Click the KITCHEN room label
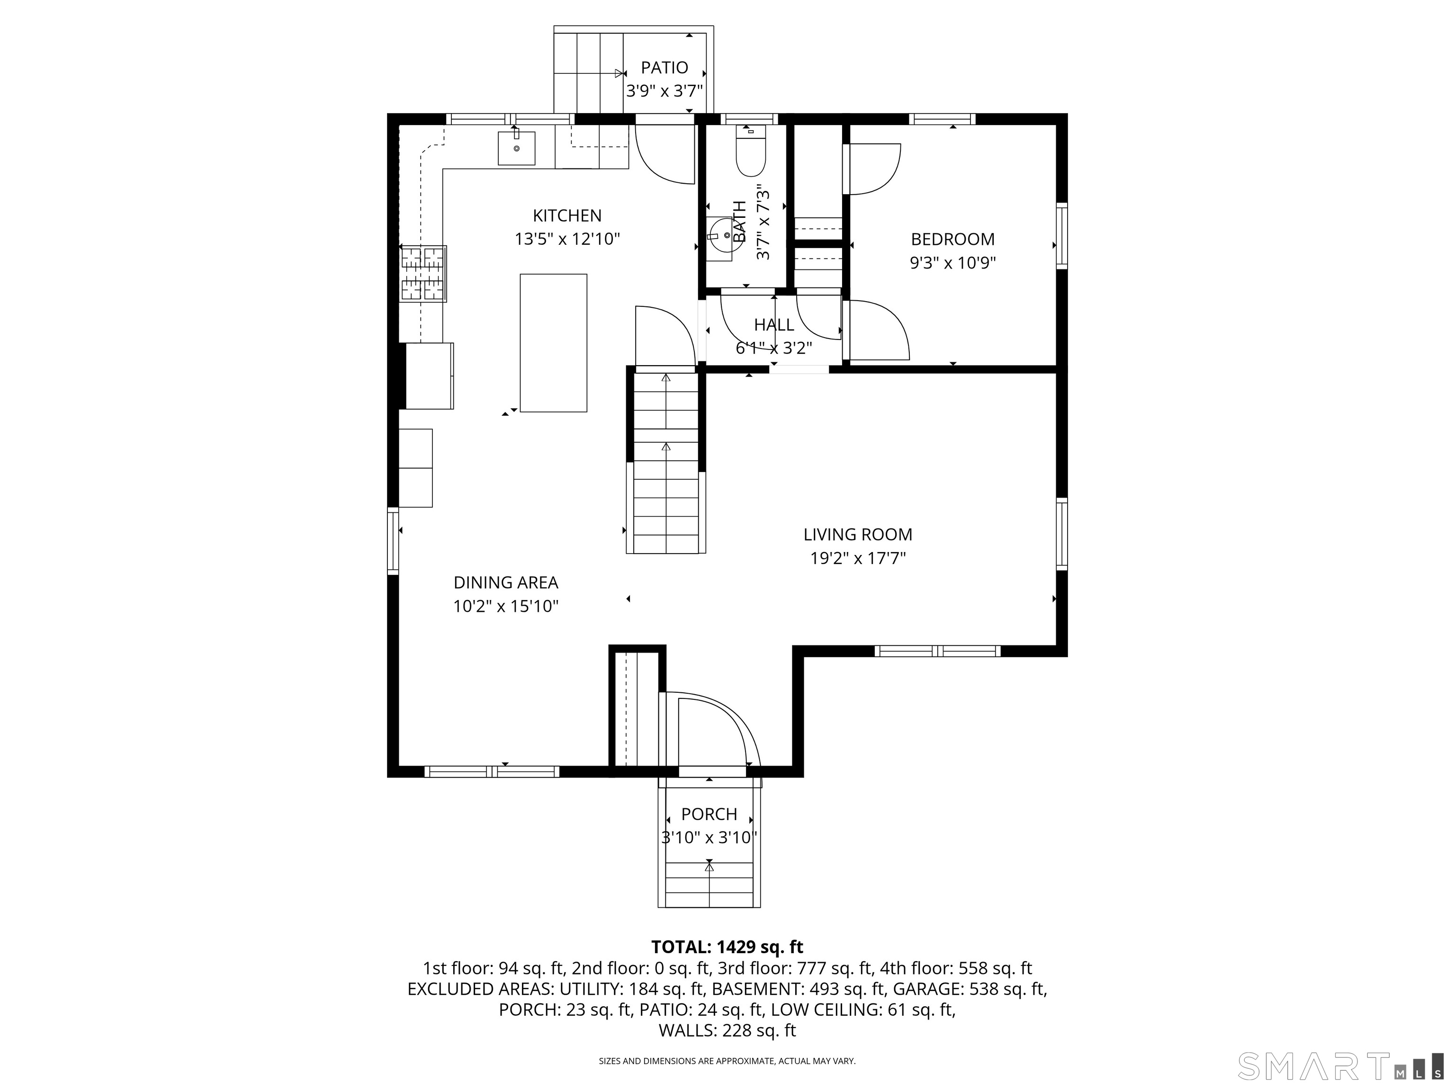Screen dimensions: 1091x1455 (x=567, y=216)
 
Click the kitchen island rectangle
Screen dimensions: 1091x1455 (x=553, y=343)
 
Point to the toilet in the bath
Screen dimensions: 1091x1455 (x=751, y=154)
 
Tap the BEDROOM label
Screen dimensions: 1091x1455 (x=952, y=240)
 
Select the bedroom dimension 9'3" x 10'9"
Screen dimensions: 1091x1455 (x=952, y=264)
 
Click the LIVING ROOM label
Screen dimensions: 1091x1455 (x=858, y=535)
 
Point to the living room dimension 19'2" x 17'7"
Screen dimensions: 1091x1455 (x=858, y=559)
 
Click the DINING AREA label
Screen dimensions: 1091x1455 (x=506, y=582)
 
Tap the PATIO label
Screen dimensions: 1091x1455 (x=665, y=68)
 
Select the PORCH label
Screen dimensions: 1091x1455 (x=709, y=814)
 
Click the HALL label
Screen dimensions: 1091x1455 (x=773, y=325)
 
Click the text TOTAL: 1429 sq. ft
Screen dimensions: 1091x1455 (x=727, y=947)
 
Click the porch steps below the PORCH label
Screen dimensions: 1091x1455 (x=709, y=884)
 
